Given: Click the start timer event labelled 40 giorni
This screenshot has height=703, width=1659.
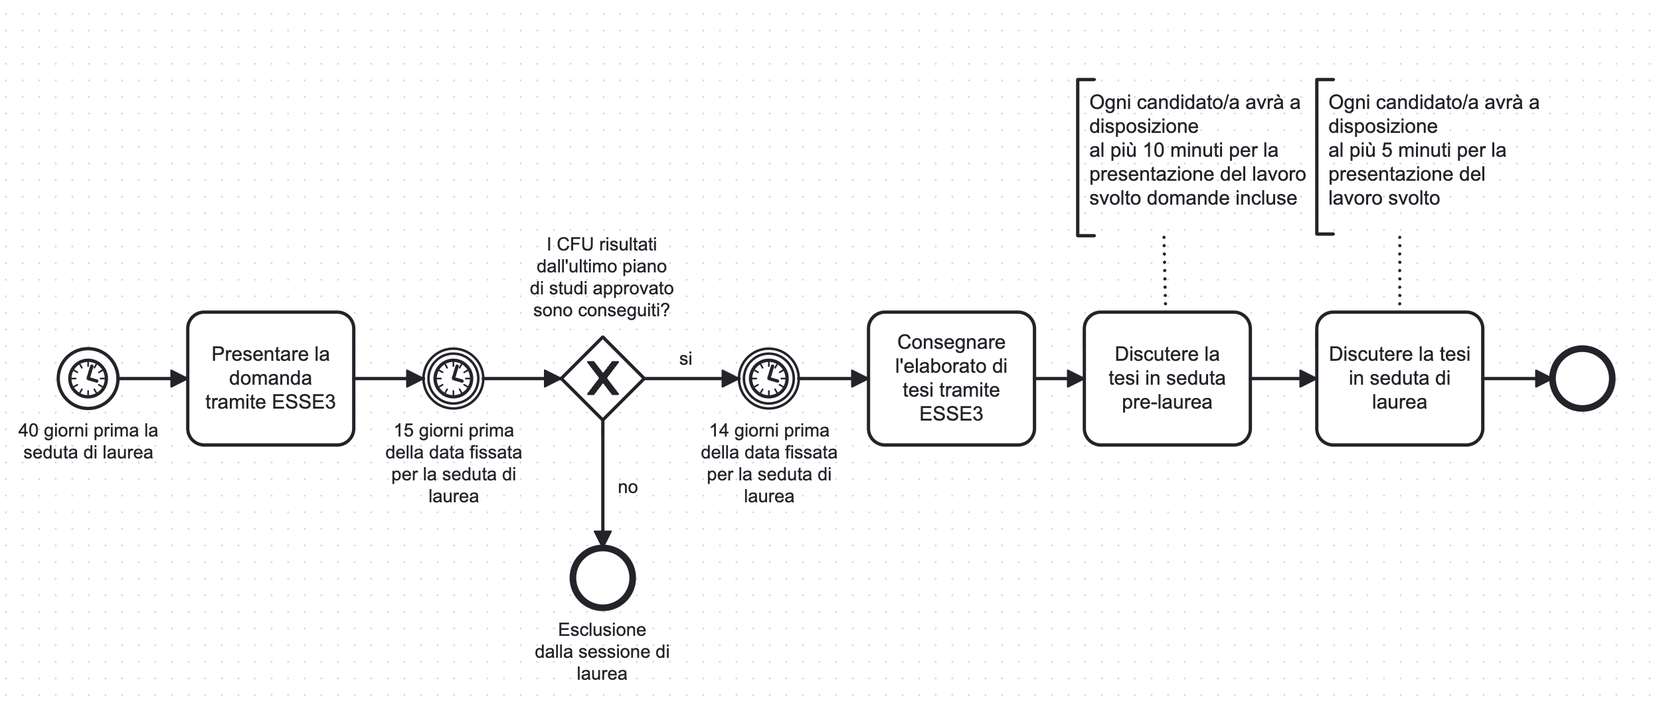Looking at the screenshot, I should click(x=88, y=379).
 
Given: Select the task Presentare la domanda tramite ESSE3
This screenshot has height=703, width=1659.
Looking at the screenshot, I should click(x=270, y=378).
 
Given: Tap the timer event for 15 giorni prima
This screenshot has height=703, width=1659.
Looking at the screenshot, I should click(x=454, y=379).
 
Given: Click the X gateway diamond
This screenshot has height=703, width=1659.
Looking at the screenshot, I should click(x=602, y=379).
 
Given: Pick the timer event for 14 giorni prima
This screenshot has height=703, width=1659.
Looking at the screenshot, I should click(x=769, y=379).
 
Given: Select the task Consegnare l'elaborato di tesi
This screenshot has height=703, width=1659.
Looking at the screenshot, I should click(x=951, y=378).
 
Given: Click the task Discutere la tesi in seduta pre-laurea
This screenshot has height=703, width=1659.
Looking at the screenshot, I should click(x=1167, y=378).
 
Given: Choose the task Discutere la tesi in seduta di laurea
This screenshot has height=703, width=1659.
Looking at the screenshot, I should click(x=1399, y=378).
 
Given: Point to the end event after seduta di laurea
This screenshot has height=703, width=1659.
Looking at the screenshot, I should click(x=1582, y=379).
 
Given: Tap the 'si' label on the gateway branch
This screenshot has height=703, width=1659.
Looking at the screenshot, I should click(x=685, y=359).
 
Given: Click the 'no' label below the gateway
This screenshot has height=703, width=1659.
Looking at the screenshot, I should click(x=628, y=488).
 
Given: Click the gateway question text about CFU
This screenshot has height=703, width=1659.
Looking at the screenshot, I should click(x=602, y=277).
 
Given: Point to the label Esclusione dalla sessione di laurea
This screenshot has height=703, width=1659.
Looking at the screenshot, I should click(x=602, y=651).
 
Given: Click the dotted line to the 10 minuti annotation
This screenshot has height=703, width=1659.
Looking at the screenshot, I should click(x=1165, y=271).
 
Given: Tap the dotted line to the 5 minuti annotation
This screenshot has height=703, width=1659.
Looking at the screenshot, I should click(x=1399, y=271).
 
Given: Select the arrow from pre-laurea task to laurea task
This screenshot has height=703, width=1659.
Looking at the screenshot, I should click(x=1282, y=379).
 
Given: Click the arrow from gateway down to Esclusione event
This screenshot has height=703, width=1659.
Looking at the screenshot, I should click(x=602, y=478).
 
